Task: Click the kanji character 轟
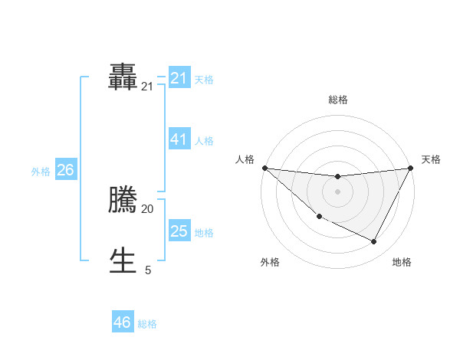123,77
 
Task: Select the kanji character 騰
123,201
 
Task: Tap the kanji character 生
123,260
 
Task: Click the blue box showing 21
179,78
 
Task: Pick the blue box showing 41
179,139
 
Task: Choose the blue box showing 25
179,231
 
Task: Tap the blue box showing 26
65,170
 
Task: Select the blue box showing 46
123,322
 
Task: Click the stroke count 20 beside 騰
147,208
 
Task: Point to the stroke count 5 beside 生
148,270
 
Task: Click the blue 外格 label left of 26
41,172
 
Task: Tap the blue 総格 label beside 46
147,324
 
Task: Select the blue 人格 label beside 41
204,141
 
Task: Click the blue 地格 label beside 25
204,233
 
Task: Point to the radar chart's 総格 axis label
337,100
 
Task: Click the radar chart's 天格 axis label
431,159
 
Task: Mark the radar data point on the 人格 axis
264,168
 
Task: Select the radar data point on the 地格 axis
374,241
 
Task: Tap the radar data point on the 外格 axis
319,217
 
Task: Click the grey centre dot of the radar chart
337,191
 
